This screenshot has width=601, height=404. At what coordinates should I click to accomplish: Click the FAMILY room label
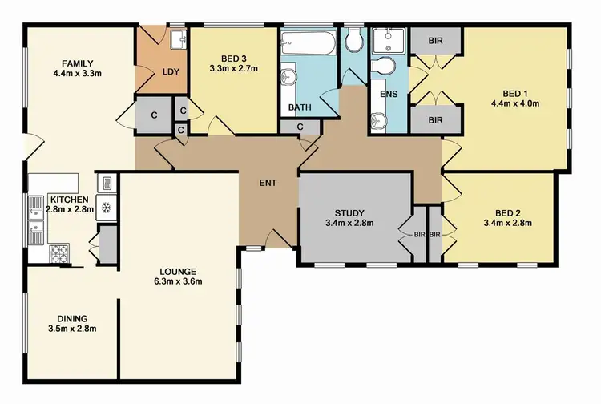tap(79, 63)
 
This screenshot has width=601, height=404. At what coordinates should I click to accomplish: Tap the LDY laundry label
tap(171, 71)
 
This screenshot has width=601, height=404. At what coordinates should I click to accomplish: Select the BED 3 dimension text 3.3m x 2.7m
tap(226, 69)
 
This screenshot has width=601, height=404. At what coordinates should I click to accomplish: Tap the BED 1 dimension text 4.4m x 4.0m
tap(515, 103)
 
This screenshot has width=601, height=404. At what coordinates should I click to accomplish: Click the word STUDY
tap(349, 212)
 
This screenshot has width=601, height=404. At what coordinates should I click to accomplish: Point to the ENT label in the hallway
tap(268, 183)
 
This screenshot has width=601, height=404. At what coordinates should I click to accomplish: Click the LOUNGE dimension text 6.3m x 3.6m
tap(177, 281)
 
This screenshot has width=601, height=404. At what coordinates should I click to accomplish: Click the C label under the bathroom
tap(300, 127)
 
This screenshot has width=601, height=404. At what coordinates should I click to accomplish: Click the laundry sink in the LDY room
tap(178, 38)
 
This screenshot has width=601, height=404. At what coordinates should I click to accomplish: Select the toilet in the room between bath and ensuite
tap(354, 40)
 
